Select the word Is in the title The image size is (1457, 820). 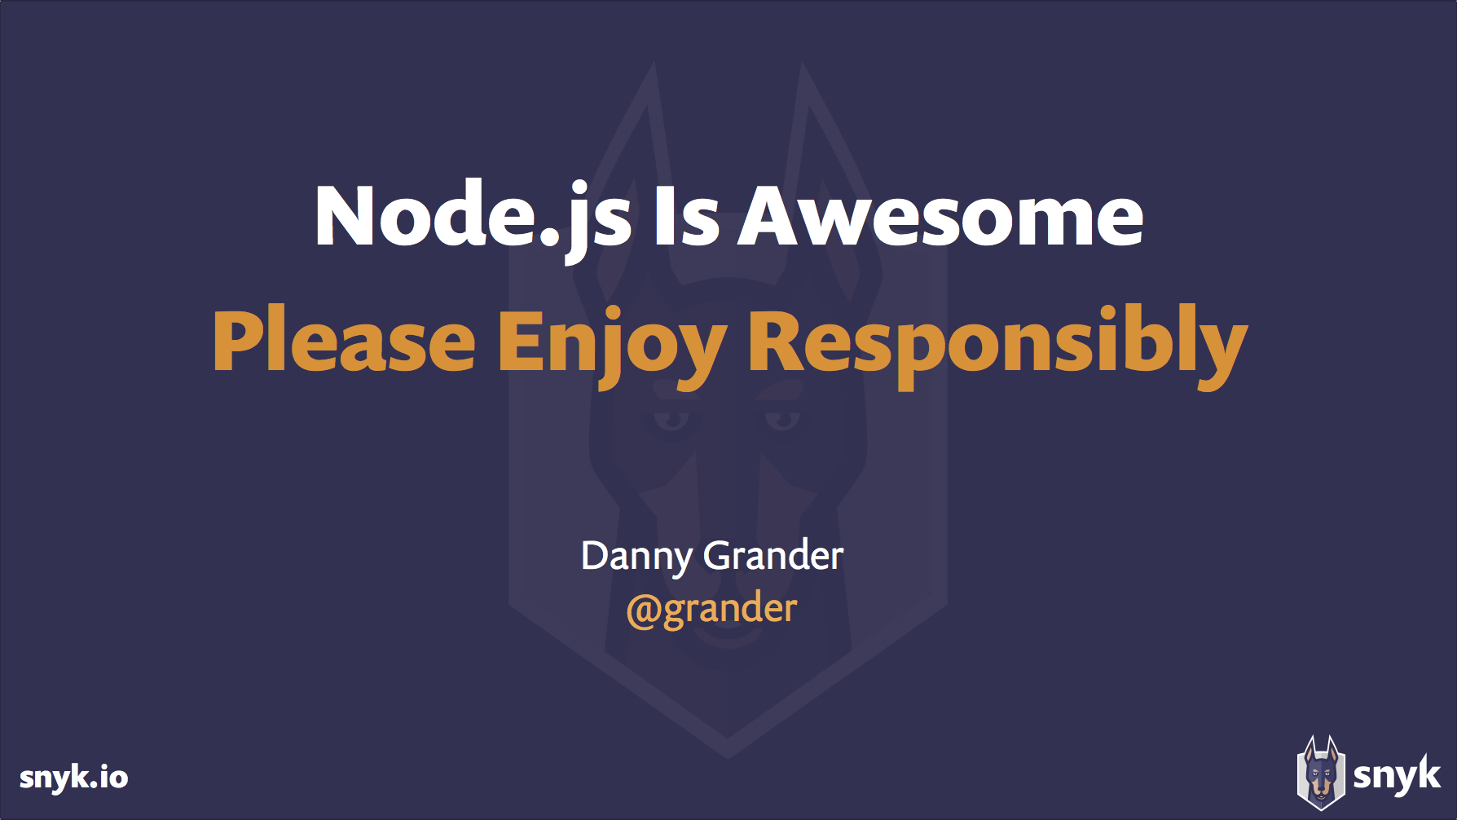pyautogui.click(x=686, y=216)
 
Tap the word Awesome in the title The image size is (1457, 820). pyautogui.click(x=940, y=216)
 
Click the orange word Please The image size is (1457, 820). pyautogui.click(x=343, y=342)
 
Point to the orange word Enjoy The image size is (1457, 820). pyautogui.click(x=611, y=342)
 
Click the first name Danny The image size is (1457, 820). pyautogui.click(x=636, y=557)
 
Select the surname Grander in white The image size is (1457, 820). pyautogui.click(x=773, y=556)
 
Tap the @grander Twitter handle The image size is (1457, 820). pyautogui.click(x=711, y=609)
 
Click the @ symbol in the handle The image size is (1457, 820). pyautogui.click(x=642, y=611)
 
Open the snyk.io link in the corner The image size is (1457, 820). pyautogui.click(x=73, y=777)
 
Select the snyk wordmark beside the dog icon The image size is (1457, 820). pyautogui.click(x=1397, y=774)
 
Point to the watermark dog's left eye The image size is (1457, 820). pyautogui.click(x=671, y=419)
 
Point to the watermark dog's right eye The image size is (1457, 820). pyautogui.click(x=783, y=419)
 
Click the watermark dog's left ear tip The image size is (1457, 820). pyautogui.click(x=653, y=65)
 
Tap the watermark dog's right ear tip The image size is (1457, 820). pyautogui.click(x=803, y=65)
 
